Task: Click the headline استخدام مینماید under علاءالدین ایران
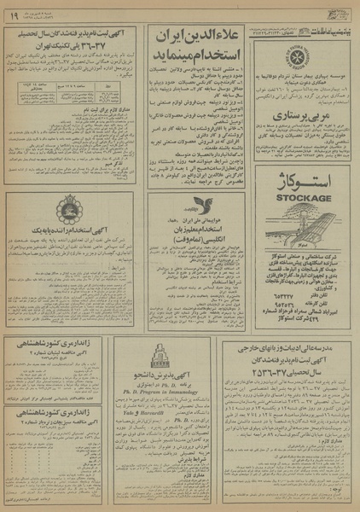coord(198,64)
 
